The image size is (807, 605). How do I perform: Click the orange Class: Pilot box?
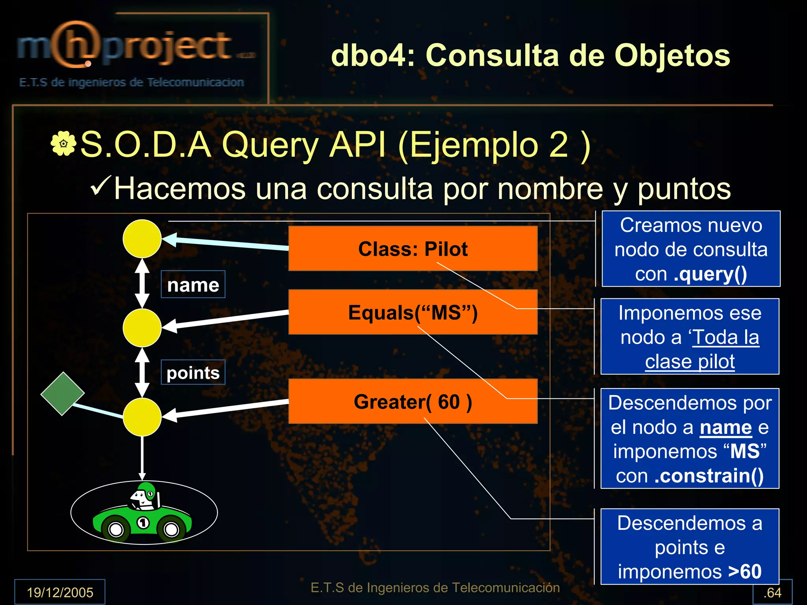[x=413, y=248]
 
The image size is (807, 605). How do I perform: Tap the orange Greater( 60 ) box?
[x=413, y=401]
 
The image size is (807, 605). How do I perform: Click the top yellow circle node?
[x=142, y=239]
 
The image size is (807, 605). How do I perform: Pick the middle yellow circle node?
[x=142, y=327]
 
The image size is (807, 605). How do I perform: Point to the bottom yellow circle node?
[x=142, y=417]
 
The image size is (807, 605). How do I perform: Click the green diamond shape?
[x=62, y=394]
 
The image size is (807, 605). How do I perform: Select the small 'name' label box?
[x=193, y=284]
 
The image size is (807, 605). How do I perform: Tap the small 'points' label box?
[x=193, y=372]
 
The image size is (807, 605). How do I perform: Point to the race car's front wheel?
[x=115, y=529]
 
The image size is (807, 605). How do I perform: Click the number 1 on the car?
[x=143, y=523]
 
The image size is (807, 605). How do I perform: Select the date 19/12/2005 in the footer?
[x=60, y=592]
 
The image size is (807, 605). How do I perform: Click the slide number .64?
[x=772, y=592]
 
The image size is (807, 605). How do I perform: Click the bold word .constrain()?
[x=709, y=475]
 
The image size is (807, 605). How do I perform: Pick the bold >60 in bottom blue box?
[x=745, y=571]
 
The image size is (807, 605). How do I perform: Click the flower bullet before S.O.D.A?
[x=63, y=144]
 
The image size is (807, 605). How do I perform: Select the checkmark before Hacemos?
[x=101, y=187]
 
